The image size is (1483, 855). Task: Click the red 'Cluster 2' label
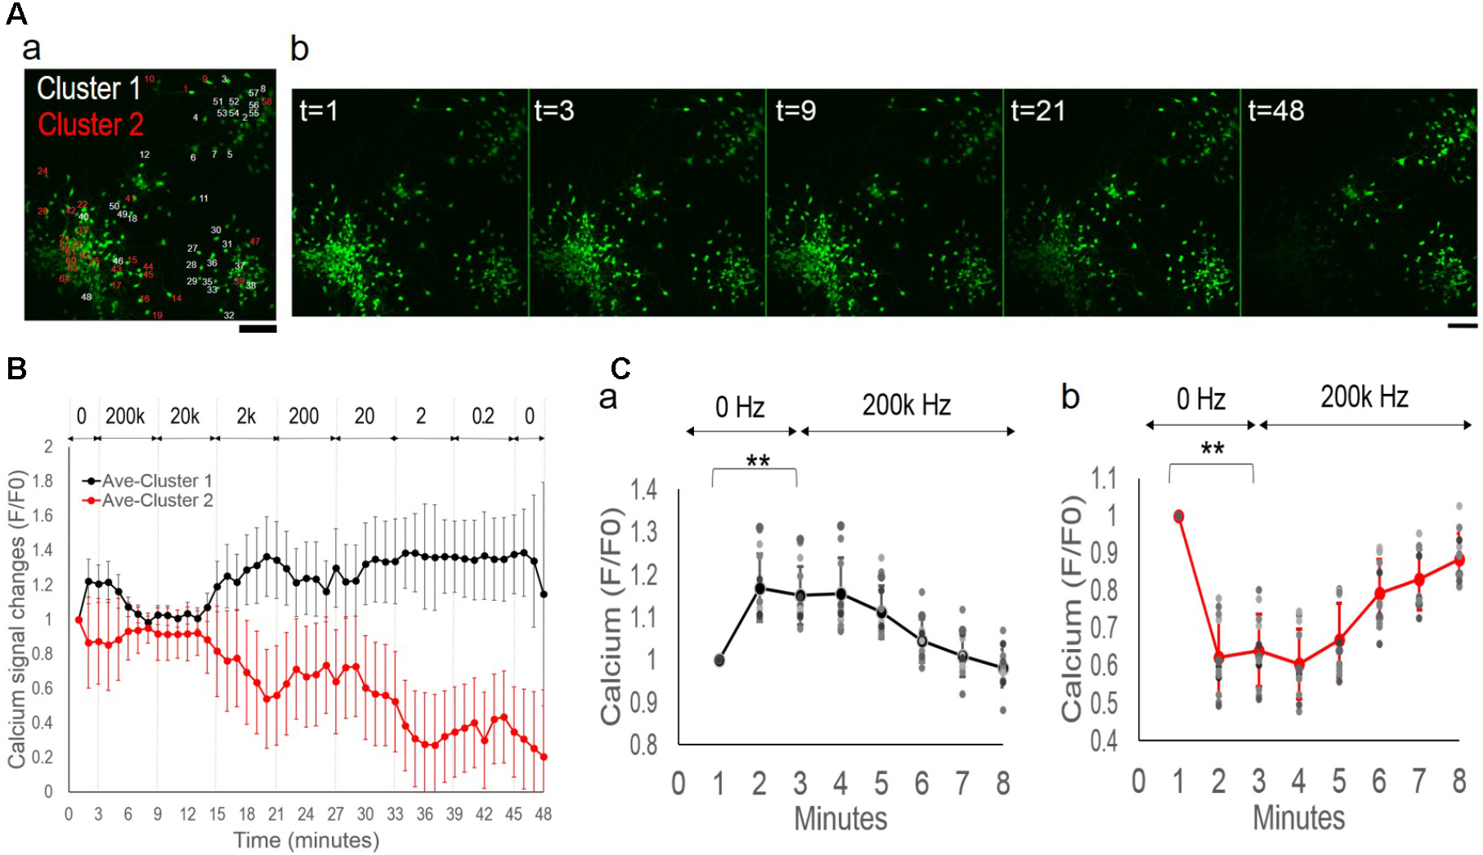click(90, 125)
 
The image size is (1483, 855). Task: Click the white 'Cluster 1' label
click(89, 88)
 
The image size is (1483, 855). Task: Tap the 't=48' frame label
click(1275, 110)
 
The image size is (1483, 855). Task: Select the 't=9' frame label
click(795, 110)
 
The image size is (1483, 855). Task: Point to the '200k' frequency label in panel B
click(125, 416)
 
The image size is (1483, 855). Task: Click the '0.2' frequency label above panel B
click(483, 416)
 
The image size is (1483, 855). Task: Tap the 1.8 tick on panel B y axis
click(43, 481)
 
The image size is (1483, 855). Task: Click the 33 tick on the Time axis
click(395, 814)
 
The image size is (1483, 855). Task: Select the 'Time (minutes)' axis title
click(307, 840)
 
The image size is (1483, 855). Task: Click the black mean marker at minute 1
click(719, 660)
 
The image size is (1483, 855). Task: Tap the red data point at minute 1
click(1179, 516)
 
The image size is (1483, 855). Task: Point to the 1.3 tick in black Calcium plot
click(643, 532)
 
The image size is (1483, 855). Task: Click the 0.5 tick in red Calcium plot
click(1104, 703)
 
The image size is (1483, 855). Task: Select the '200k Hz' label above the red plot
click(1364, 397)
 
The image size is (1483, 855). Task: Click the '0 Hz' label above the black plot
click(739, 406)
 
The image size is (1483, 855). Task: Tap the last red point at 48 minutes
click(544, 757)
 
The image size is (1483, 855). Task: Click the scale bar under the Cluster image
click(258, 329)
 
